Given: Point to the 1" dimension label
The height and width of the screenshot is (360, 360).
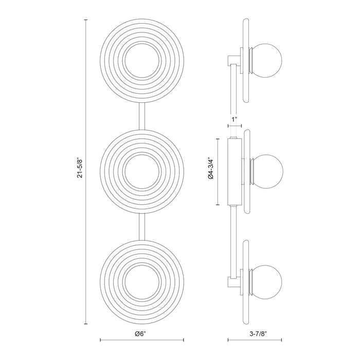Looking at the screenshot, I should [x=235, y=119].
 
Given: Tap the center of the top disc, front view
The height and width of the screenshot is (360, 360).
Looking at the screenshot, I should [x=141, y=60].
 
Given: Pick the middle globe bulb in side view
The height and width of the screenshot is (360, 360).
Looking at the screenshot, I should [x=269, y=170].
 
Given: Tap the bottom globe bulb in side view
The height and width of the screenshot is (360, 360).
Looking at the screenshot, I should [x=269, y=278].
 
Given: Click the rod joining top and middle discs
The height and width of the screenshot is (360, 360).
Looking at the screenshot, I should [x=141, y=115].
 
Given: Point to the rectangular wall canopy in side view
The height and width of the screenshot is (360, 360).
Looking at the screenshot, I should [x=234, y=170].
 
